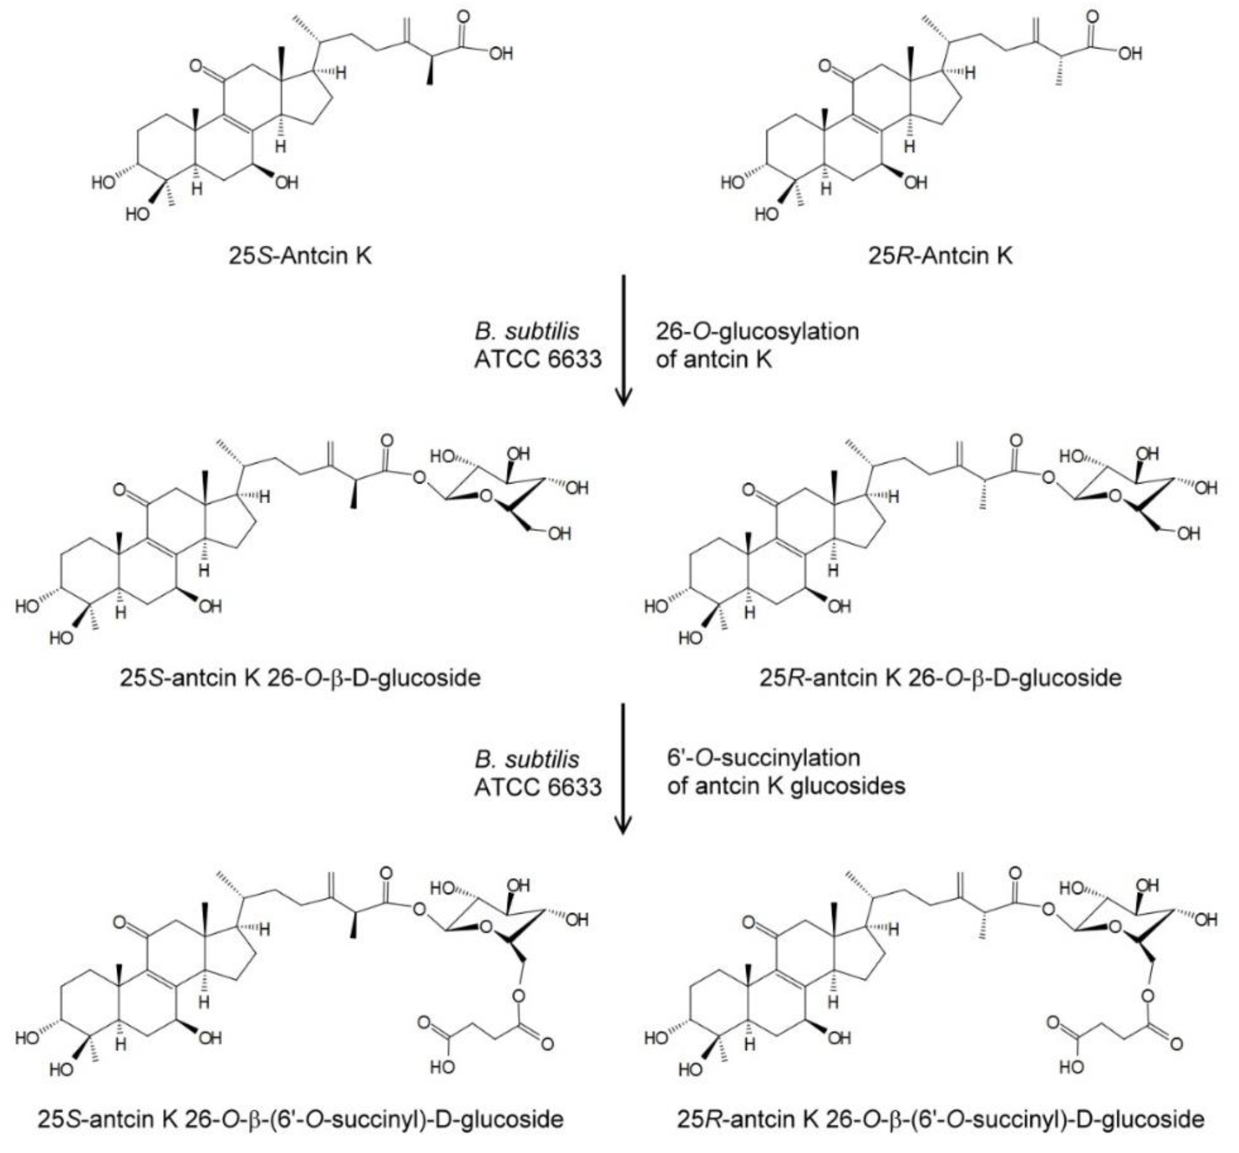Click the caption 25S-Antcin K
(300, 255)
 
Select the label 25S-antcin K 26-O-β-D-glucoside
(300, 678)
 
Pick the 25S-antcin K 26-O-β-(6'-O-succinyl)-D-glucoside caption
(300, 1119)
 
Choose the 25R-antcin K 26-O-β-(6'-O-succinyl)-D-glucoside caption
(940, 1119)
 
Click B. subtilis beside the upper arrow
(527, 331)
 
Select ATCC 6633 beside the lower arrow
(538, 787)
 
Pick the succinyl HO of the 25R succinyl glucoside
(1071, 1067)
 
